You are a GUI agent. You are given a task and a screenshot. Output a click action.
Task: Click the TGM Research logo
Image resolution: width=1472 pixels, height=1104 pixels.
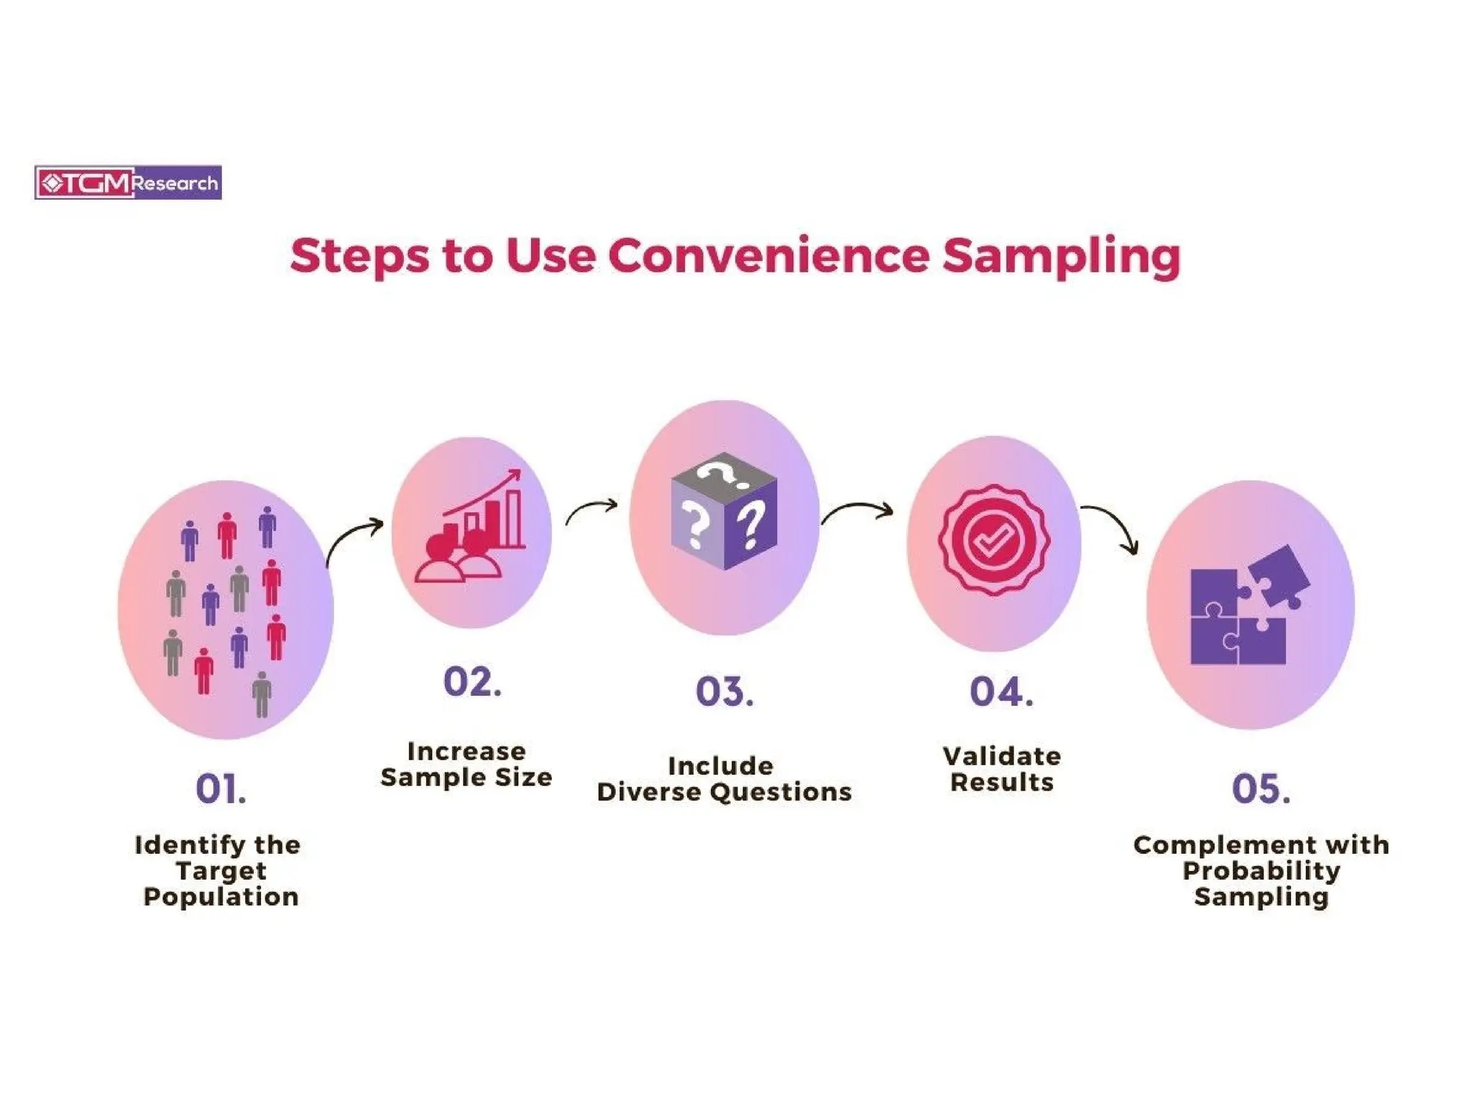point(128,183)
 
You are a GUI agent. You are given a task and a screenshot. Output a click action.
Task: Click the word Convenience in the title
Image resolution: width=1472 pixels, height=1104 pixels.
point(768,256)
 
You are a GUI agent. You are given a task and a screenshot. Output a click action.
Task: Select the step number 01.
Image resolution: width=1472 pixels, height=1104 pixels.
point(221,788)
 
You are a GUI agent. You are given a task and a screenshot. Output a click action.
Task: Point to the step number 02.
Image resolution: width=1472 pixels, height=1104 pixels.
point(471,681)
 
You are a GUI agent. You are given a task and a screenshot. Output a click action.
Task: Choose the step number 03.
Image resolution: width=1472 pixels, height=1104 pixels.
point(724,691)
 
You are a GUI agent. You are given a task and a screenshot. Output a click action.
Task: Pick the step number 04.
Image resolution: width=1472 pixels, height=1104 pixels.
point(1001,691)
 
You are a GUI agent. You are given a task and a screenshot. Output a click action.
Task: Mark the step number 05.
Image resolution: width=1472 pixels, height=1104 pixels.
point(1261,788)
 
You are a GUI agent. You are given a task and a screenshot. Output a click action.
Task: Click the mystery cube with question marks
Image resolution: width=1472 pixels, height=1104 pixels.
point(724,511)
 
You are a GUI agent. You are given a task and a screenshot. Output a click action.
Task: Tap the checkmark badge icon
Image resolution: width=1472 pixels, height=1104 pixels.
point(993,540)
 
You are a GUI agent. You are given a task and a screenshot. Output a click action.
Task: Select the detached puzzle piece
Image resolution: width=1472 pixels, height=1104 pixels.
point(1280,575)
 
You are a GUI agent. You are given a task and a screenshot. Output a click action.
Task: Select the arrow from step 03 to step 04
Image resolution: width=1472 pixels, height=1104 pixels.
point(857,510)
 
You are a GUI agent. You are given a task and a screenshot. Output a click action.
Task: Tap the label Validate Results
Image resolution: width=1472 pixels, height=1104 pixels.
point(1001,768)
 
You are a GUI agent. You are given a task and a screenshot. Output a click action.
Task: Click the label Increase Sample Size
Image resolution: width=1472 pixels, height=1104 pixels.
point(466,764)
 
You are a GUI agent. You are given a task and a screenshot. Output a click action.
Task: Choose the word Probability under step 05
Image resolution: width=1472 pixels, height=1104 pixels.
point(1261,870)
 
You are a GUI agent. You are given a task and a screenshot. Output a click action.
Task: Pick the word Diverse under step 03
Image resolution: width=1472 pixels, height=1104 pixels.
point(653,791)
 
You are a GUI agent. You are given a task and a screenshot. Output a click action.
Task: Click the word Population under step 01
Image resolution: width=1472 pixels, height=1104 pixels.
point(221,896)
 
